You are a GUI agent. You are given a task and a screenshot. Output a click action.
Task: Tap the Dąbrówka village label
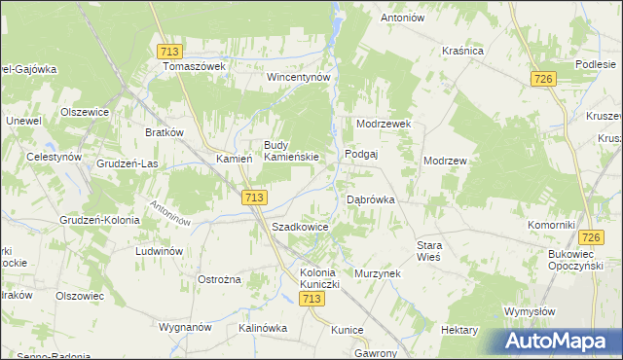point(371,199)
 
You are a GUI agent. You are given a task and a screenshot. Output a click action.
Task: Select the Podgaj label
point(361,154)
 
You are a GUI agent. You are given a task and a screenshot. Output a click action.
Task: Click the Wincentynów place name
point(300,76)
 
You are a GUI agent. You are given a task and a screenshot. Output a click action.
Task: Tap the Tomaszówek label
point(194,66)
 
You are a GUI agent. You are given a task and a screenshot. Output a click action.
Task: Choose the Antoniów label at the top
point(403,18)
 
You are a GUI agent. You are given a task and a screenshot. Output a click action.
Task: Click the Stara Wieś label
point(428,251)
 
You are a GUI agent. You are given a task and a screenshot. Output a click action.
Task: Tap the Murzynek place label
point(378,274)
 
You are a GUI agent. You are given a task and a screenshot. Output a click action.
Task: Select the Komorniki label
point(552,225)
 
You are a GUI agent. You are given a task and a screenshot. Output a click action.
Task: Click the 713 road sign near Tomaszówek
point(169,50)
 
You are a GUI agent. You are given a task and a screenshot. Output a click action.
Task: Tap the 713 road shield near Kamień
point(253,198)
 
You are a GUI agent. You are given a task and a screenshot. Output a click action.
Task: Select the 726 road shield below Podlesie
point(544,79)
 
